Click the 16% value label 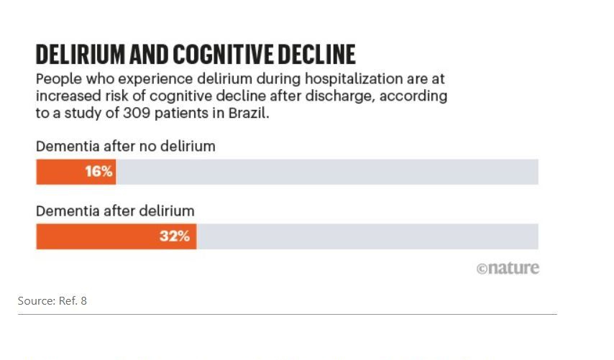[98, 172]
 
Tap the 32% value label [175, 236]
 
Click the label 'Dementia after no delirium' [126, 147]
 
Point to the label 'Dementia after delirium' [115, 211]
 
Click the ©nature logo [508, 269]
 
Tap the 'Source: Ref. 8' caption [52, 301]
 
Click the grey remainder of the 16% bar [327, 172]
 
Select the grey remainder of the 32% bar [367, 236]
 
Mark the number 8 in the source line [83, 301]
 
